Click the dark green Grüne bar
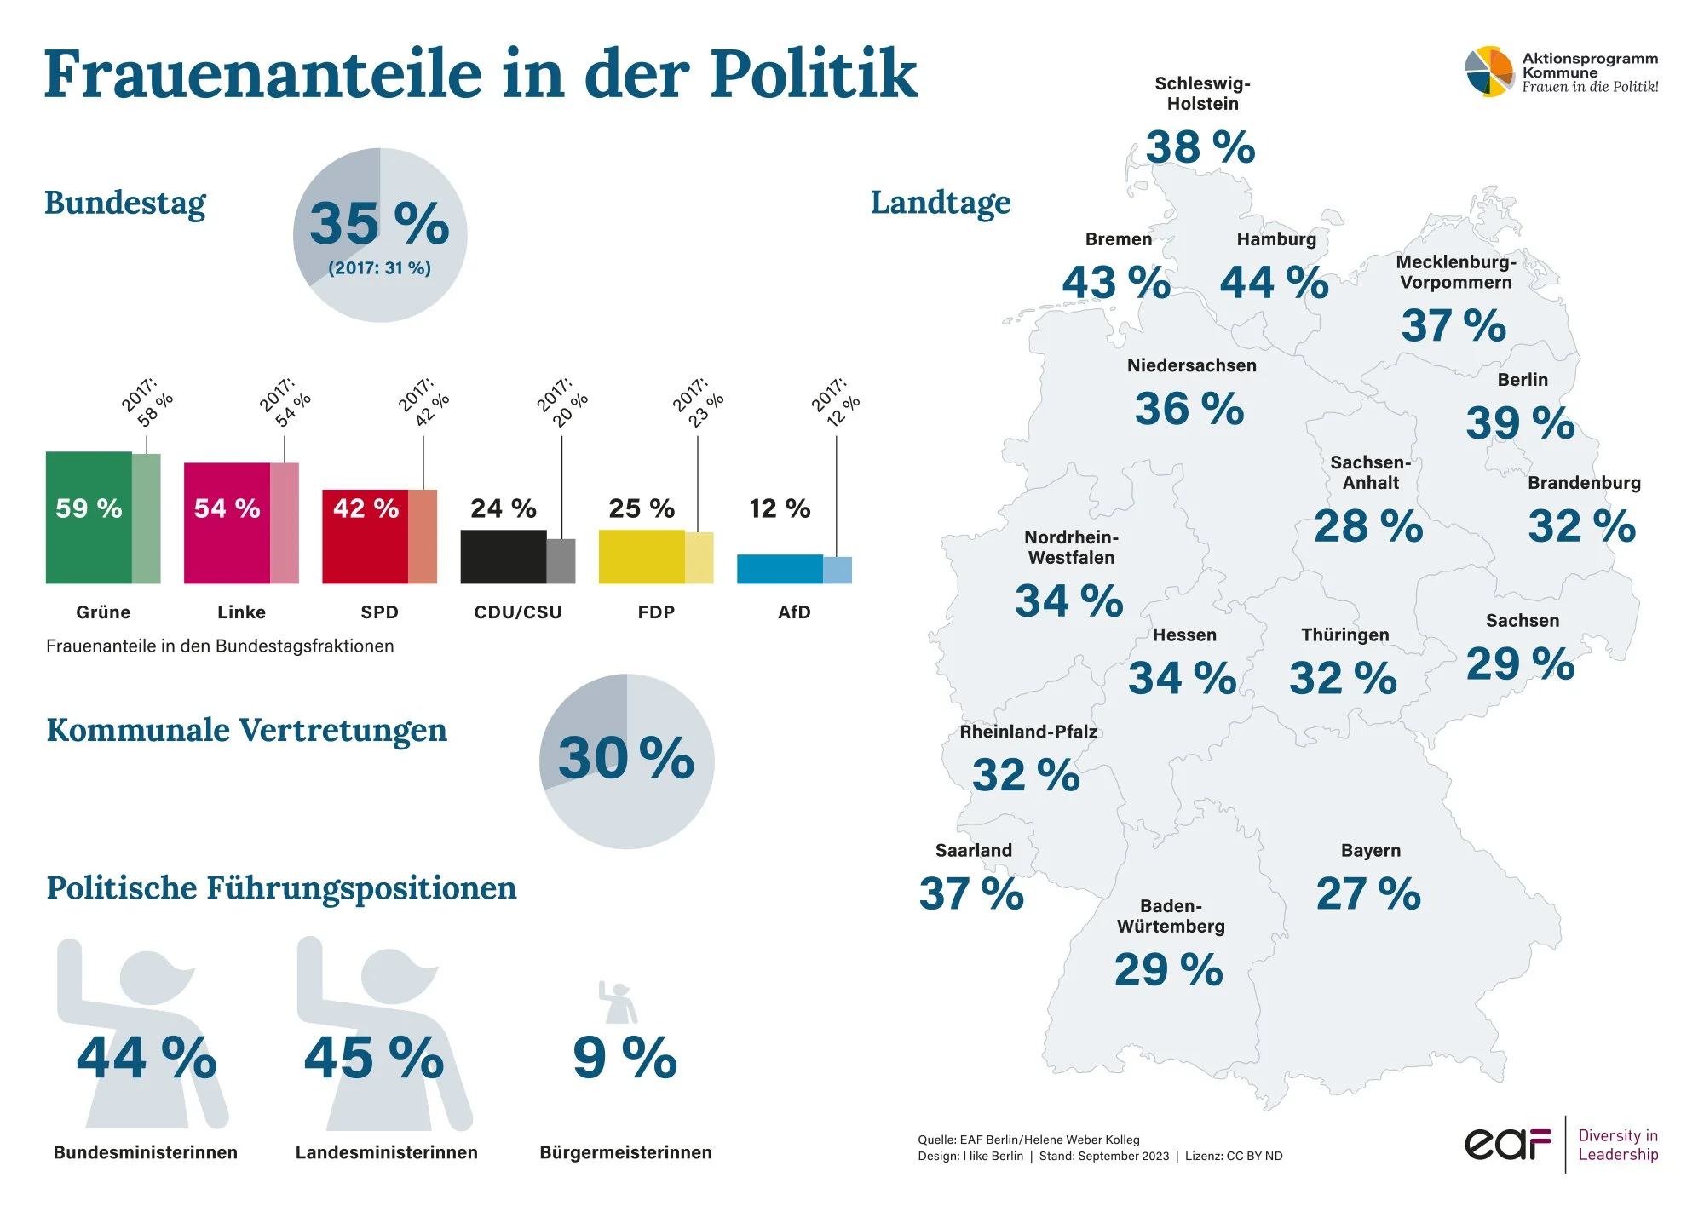[89, 545]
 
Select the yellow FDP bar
[641, 557]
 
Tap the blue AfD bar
[780, 569]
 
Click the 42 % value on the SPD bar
[366, 508]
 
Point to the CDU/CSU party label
[518, 612]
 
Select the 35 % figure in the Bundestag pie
[379, 224]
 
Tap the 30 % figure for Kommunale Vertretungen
[626, 757]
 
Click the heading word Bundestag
[125, 203]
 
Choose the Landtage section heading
[941, 203]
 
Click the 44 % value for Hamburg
[1274, 283]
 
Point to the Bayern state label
[1370, 850]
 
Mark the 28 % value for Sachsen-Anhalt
[1368, 526]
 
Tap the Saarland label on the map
[974, 850]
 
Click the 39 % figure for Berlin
[1520, 423]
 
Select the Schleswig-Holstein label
[1202, 94]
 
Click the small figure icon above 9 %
[618, 1002]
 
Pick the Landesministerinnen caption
[386, 1152]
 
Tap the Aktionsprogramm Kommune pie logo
[1489, 72]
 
